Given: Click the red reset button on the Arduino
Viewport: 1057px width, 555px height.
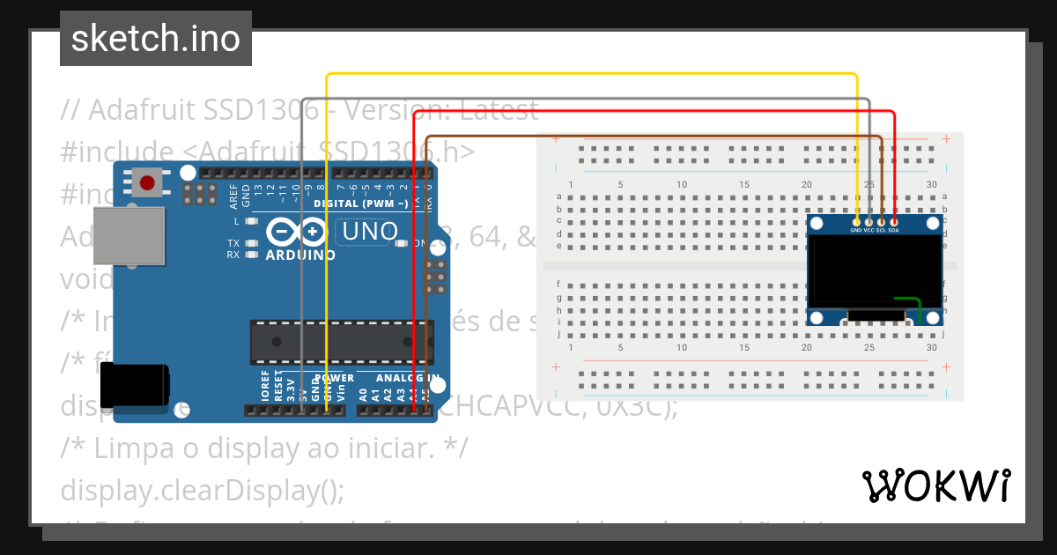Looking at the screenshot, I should coord(147,183).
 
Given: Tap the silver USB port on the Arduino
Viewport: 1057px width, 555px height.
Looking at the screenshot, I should coord(129,235).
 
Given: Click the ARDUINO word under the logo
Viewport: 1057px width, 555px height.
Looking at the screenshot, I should coord(300,255).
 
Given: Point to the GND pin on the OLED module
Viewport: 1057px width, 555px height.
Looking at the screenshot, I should coord(856,222).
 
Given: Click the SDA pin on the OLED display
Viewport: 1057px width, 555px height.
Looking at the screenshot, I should coord(894,222).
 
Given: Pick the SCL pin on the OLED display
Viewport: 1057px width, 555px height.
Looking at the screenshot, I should coord(881,222).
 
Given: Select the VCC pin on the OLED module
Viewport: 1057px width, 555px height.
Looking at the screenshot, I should coord(869,222).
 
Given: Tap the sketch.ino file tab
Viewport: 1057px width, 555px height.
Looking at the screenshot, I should coord(156,39).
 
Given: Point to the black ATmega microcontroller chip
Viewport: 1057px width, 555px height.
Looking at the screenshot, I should coord(342,343).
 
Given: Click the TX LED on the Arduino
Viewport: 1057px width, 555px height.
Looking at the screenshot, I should coord(252,242).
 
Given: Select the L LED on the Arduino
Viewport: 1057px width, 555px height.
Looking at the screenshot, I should coord(252,221).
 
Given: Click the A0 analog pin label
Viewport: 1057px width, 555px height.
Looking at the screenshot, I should coord(364,390).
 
